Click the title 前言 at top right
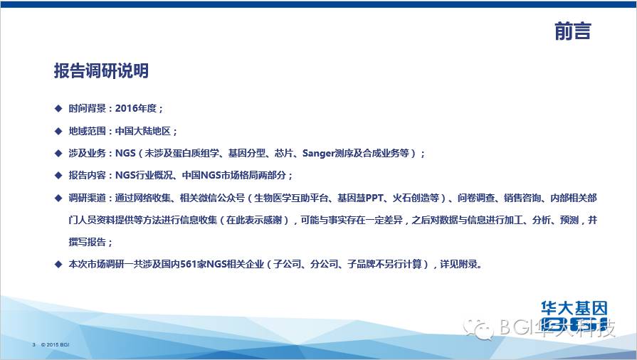(x=573, y=31)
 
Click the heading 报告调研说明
(x=101, y=70)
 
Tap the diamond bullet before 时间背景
(x=58, y=108)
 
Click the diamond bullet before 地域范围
(x=58, y=131)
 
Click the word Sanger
(x=318, y=153)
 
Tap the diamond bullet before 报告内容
(x=58, y=176)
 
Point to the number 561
(x=189, y=265)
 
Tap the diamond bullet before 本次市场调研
(x=58, y=265)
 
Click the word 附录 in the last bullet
(x=468, y=265)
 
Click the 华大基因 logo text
(x=574, y=308)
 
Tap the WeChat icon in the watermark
(x=478, y=328)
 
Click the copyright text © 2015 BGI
(x=56, y=344)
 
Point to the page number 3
(x=33, y=344)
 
